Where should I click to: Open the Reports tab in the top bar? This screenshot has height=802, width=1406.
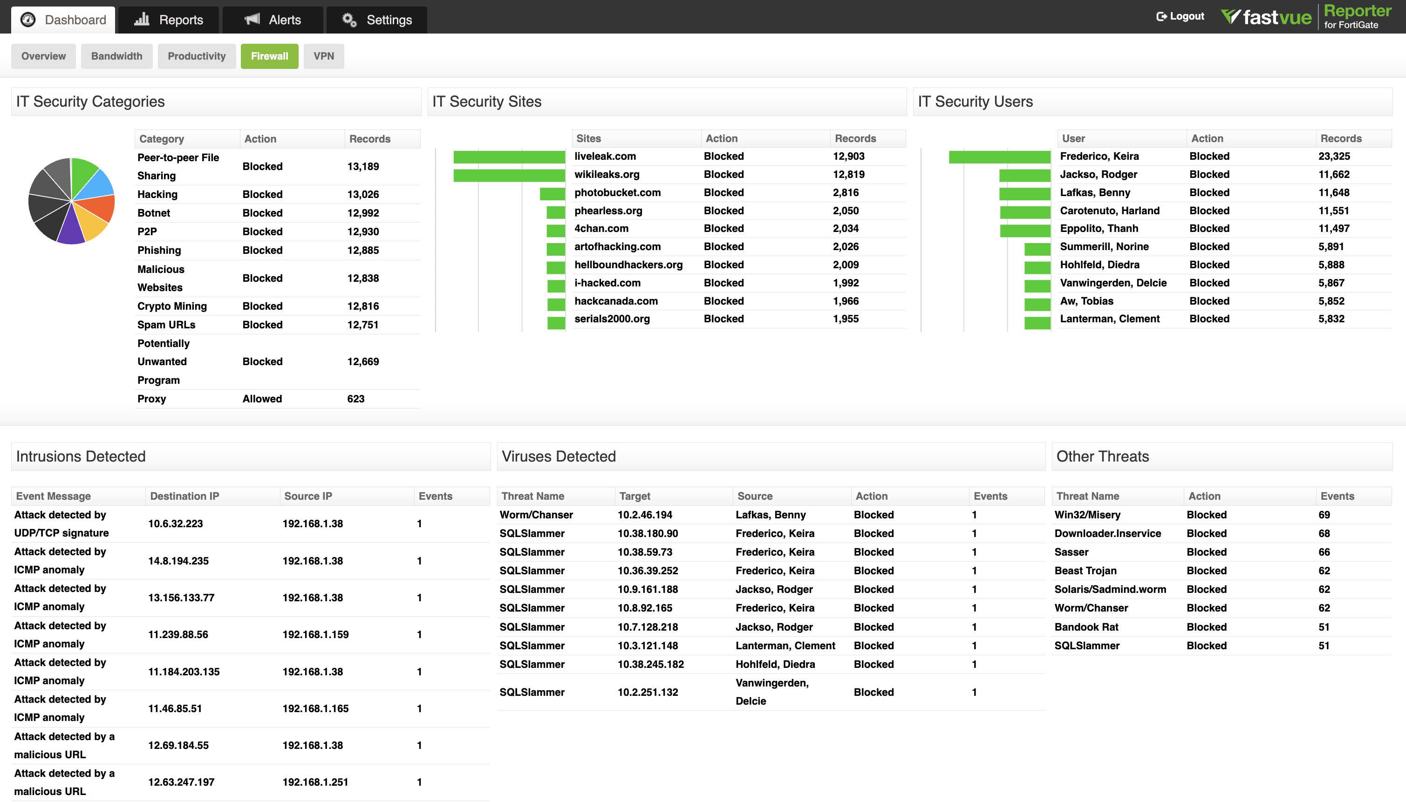coord(169,20)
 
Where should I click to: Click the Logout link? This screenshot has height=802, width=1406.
coord(1180,16)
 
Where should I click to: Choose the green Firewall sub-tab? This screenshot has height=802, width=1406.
coord(269,56)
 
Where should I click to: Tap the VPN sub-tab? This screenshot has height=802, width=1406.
coord(323,56)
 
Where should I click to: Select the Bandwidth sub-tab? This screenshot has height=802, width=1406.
coord(116,56)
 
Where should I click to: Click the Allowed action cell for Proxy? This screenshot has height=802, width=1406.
coord(262,399)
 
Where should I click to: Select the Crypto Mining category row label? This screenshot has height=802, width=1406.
coord(172,306)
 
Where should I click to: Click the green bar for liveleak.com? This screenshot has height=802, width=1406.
coord(509,157)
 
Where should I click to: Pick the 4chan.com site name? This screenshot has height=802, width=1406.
coord(601,229)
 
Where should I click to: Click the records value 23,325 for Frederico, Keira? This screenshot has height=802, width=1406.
coord(1334,156)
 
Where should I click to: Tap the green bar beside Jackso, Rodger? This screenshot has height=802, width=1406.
coord(1025,175)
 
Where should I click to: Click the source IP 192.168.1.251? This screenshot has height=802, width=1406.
coord(315,782)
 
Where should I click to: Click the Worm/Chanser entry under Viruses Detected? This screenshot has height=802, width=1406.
coord(536,515)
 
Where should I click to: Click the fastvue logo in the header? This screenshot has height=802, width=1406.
coord(1267,17)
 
